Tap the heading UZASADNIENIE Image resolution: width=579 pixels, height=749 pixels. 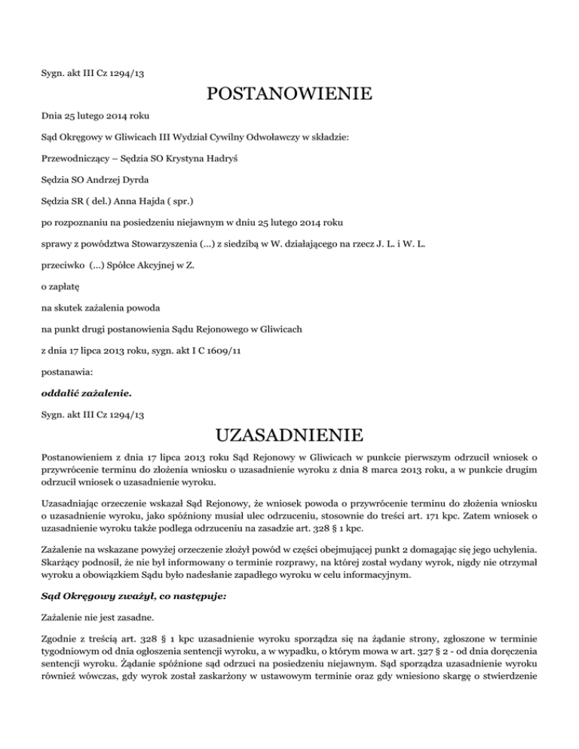pyautogui.click(x=289, y=436)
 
